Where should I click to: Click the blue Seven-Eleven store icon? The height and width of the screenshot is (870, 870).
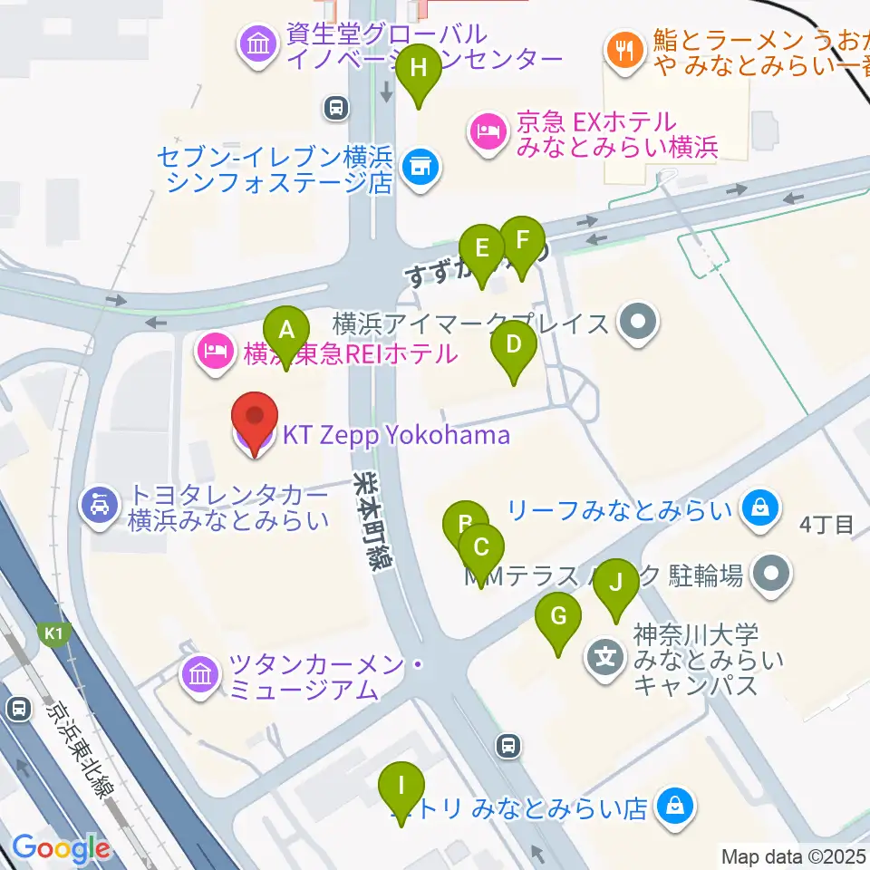pyautogui.click(x=418, y=167)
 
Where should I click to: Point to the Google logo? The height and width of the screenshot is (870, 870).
pyautogui.click(x=61, y=848)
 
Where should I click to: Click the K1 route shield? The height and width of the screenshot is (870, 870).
pyautogui.click(x=51, y=633)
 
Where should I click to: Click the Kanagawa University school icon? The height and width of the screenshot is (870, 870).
pyautogui.click(x=605, y=655)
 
